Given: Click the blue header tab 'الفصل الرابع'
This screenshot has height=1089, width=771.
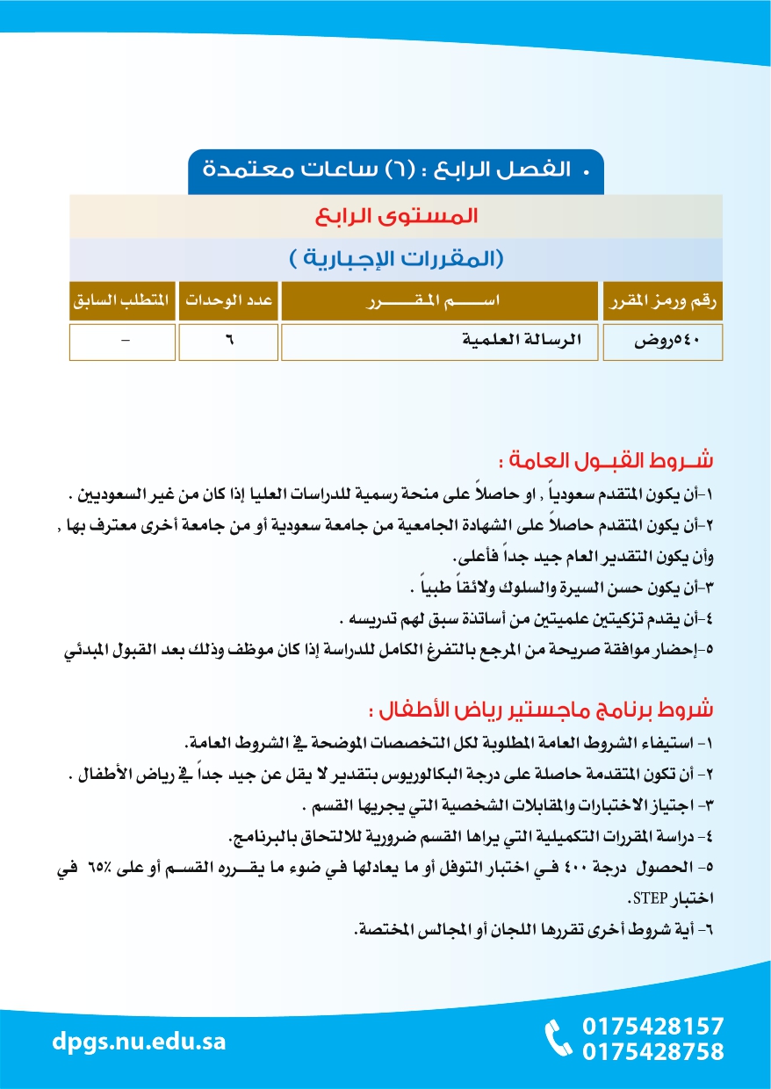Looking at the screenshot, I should pyautogui.click(x=396, y=169).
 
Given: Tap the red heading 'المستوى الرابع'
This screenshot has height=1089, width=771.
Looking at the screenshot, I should pyautogui.click(x=395, y=216).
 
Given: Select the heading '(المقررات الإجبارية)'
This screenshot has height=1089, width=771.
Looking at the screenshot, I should pyautogui.click(x=395, y=260).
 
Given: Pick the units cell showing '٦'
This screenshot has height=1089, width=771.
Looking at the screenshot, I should pyautogui.click(x=227, y=343).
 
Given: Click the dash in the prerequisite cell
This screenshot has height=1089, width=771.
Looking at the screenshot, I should pyautogui.click(x=123, y=343).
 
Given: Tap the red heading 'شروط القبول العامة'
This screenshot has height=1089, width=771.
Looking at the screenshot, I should pyautogui.click(x=604, y=460).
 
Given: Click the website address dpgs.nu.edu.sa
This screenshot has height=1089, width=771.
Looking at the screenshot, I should pyautogui.click(x=139, y=1042).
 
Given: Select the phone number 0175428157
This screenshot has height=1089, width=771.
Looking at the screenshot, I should pyautogui.click(x=653, y=1026).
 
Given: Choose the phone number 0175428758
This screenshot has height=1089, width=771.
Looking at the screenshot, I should pyautogui.click(x=653, y=1051).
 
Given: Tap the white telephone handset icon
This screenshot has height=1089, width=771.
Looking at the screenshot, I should pyautogui.click(x=558, y=1039).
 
